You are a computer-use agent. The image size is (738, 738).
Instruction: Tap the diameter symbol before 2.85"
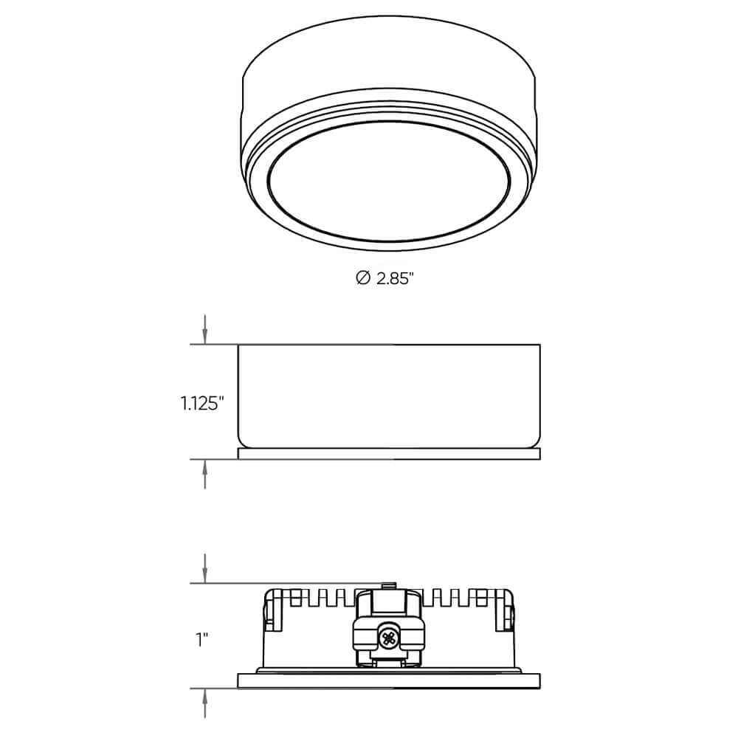(362, 278)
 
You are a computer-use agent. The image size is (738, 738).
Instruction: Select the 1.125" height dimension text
(200, 403)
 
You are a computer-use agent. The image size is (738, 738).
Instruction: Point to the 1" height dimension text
(200, 639)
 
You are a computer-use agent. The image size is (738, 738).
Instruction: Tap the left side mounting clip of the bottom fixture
(275, 611)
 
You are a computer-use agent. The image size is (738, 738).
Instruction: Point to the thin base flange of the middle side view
(389, 454)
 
